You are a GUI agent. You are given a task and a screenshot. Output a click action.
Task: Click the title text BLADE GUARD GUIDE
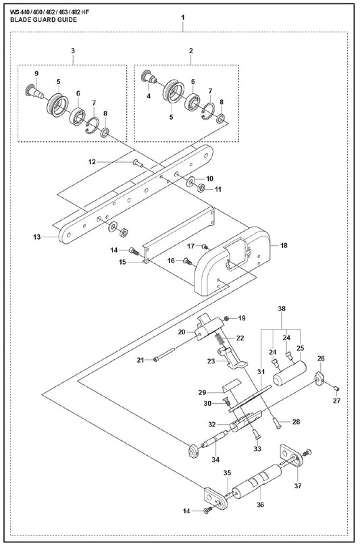(44, 20)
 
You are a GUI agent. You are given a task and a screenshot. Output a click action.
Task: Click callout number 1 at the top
(183, 17)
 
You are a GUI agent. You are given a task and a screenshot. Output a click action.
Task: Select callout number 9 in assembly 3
(36, 73)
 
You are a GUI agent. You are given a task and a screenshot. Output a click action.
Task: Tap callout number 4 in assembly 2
(149, 96)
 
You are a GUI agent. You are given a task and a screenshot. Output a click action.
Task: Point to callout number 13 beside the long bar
(36, 237)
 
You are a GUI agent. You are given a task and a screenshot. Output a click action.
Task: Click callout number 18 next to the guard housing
(284, 246)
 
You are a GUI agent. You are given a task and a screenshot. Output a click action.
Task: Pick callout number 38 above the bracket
(282, 309)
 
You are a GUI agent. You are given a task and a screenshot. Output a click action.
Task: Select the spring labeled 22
(220, 338)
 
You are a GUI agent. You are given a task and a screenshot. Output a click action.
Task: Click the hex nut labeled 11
(201, 188)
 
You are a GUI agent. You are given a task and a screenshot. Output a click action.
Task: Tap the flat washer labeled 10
(191, 181)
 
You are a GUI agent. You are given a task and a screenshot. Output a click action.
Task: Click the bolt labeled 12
(137, 163)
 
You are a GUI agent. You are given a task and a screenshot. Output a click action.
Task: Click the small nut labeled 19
(227, 318)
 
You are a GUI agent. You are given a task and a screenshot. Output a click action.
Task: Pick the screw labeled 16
(188, 260)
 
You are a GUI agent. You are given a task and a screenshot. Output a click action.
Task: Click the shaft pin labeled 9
(34, 90)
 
